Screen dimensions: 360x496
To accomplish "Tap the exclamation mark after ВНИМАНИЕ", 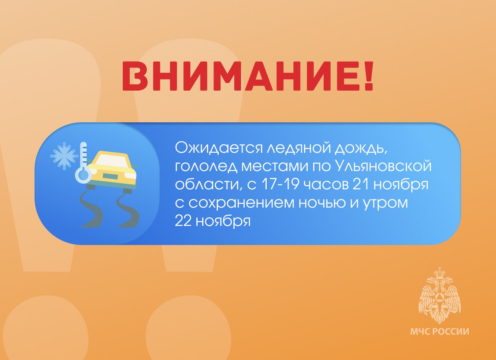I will point(368,76).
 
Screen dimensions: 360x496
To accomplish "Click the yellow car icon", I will point(112,171).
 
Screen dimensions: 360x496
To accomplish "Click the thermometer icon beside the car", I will point(84,163).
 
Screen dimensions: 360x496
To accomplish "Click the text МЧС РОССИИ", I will point(439,332).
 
